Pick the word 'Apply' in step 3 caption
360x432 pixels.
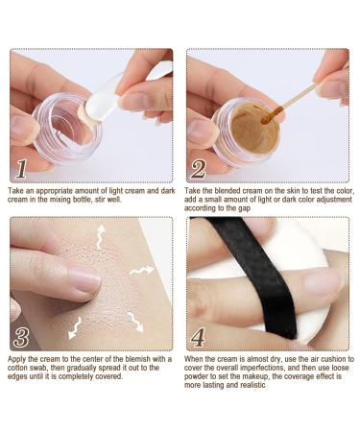tap(21, 360)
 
